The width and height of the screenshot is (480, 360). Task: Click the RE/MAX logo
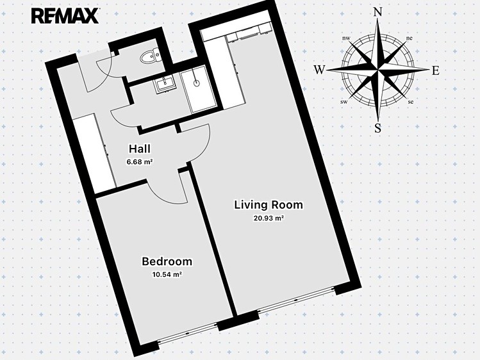coord(65,15)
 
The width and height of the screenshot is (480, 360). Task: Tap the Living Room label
coord(269,205)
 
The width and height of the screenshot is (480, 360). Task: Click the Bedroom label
coord(167,261)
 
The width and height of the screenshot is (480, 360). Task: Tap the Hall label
coord(140,149)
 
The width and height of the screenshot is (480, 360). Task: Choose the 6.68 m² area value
coord(140,162)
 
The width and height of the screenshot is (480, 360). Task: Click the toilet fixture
coord(150,56)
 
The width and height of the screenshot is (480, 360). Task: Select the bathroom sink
coord(165,84)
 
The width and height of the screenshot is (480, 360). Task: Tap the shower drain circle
coord(196,83)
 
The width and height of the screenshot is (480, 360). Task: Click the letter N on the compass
coord(378,13)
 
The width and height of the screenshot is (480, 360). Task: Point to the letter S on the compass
coord(378,128)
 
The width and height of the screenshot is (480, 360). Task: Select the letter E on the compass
coord(436,70)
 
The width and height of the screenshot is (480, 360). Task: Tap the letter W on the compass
coord(319,70)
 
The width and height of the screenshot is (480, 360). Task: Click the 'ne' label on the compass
coord(410,38)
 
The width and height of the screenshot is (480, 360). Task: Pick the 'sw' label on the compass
coord(343,102)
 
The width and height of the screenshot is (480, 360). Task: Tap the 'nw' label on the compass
coord(346,38)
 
